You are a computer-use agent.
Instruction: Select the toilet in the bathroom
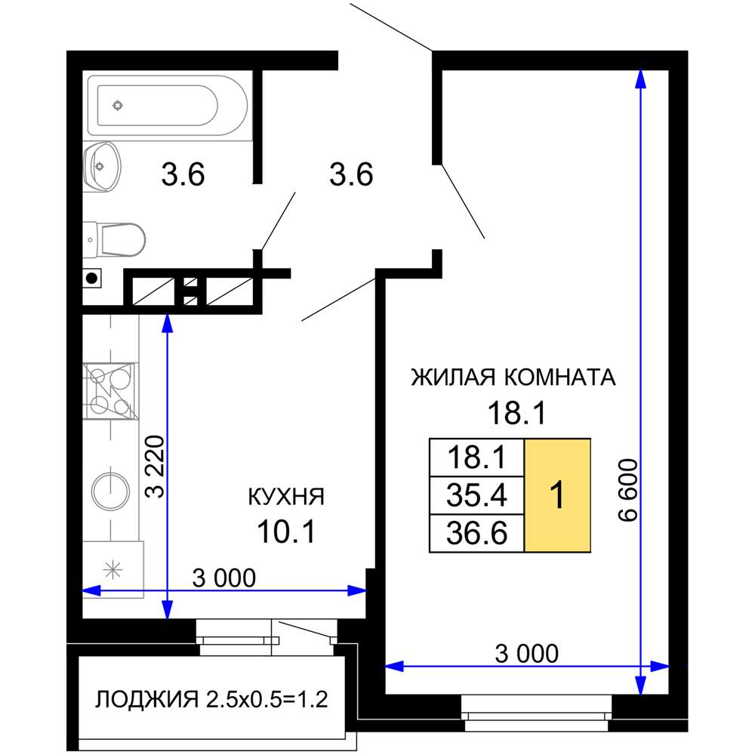(x=117, y=239)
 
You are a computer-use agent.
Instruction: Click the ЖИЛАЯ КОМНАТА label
(x=513, y=377)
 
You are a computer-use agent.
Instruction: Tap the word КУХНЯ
(x=286, y=497)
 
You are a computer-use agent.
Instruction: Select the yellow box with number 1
(x=557, y=495)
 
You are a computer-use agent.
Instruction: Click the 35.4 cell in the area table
(x=476, y=496)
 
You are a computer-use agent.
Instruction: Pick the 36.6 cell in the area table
(x=476, y=533)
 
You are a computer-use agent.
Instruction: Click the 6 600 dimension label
(x=627, y=491)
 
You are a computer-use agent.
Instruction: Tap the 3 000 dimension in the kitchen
(x=224, y=578)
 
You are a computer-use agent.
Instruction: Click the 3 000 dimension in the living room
(x=528, y=653)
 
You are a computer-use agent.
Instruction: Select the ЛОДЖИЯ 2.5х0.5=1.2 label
(x=211, y=699)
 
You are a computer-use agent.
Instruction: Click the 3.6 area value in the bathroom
(x=183, y=176)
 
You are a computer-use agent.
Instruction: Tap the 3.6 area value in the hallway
(x=351, y=176)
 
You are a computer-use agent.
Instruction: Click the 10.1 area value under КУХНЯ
(x=285, y=530)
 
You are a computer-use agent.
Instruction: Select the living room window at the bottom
(x=536, y=713)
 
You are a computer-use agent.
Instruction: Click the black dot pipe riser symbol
(x=91, y=279)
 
